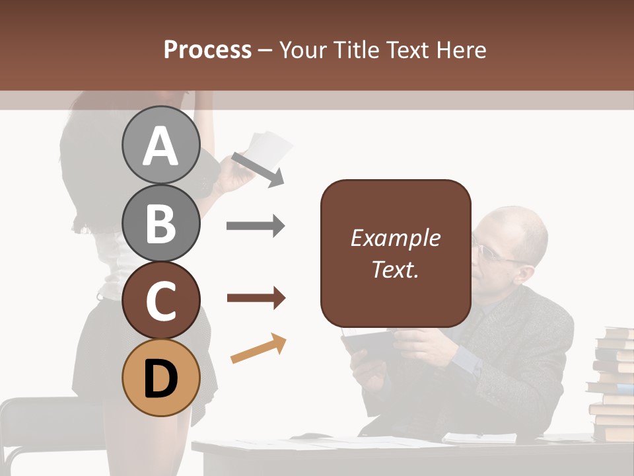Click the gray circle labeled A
coord(160,145)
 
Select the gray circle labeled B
coord(160,223)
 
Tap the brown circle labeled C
coord(160,301)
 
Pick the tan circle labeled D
coord(160,379)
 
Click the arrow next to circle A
coord(257,169)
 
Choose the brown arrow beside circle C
coord(256,298)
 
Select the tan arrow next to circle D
coord(258,349)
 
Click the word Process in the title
coord(207,50)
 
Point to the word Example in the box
coord(395,238)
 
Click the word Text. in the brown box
coord(395,269)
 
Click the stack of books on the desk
coord(612,383)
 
